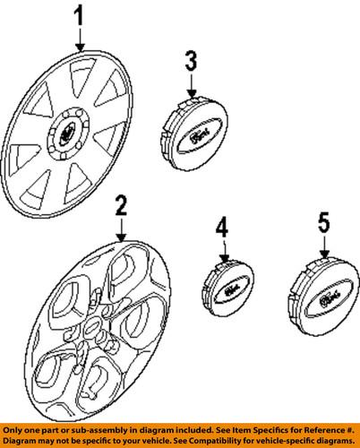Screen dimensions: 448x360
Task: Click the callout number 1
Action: coord(81,16)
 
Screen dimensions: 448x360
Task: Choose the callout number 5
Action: coord(324,221)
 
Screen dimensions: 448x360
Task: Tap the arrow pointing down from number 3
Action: coord(190,87)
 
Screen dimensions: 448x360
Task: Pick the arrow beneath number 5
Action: coord(324,246)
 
